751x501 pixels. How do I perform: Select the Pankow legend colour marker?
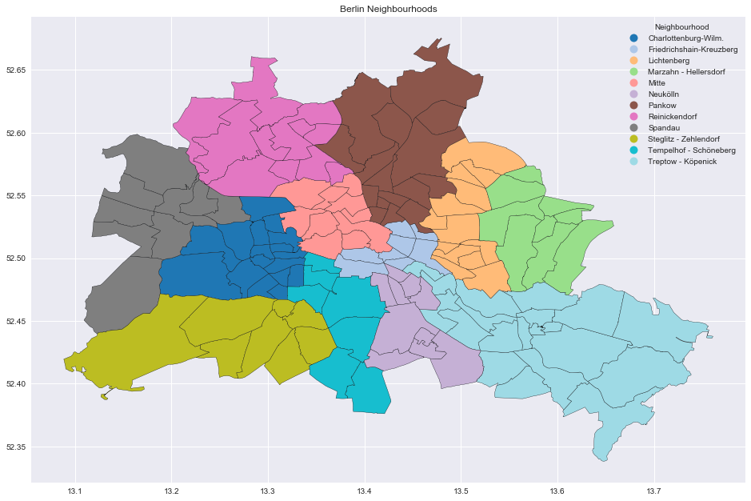tap(634, 106)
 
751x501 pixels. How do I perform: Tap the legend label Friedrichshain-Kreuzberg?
tap(693, 50)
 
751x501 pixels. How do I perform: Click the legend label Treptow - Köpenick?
tap(682, 162)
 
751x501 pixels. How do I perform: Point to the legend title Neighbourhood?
tap(681, 27)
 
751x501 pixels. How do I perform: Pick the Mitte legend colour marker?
tap(634, 83)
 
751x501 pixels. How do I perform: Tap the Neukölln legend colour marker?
tap(634, 94)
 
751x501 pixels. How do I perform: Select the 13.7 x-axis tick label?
tap(653, 491)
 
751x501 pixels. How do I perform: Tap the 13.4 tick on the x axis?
tap(365, 491)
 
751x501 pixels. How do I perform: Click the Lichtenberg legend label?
tap(669, 61)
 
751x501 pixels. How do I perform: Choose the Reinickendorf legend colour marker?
tap(634, 117)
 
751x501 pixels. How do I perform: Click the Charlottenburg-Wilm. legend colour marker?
tap(634, 38)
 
